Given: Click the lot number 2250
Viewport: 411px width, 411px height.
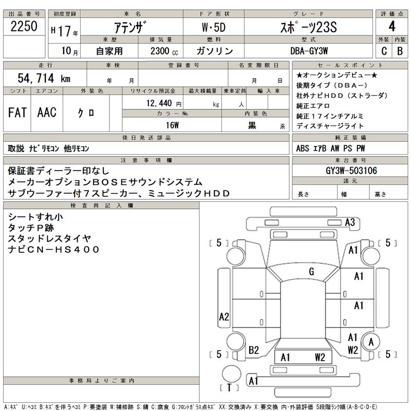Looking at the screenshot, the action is coord(24,26).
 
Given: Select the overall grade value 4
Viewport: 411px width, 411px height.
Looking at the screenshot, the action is coord(392,26).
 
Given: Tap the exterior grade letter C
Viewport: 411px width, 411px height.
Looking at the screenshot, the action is coord(384,51).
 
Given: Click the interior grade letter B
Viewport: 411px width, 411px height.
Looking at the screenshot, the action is coord(400,51).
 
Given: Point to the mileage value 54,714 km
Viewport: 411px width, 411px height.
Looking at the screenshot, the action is coord(44,78).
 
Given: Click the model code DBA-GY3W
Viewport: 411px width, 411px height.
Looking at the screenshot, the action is coord(309,51).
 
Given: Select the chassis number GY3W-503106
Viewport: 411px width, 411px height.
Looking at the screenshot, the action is coord(351,171).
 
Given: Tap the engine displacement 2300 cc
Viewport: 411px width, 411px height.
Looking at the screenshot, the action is coord(164,51).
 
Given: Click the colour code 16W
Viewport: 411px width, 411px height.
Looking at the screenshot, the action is coord(172,125).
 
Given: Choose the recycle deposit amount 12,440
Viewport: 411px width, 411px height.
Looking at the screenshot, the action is coord(159,103).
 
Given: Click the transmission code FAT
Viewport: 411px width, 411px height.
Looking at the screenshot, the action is coord(17,113).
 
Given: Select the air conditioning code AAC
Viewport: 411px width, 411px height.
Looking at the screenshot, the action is coord(47,113).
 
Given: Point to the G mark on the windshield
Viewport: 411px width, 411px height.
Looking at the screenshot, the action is coord(311,272).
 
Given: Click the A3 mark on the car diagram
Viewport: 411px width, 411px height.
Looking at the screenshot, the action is coord(350,222).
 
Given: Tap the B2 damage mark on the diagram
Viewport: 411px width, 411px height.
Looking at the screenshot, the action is coord(253,350).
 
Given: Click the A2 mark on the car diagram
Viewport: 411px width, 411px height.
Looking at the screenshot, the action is coord(224,317).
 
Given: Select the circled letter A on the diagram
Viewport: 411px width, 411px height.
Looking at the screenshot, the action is coord(371,342).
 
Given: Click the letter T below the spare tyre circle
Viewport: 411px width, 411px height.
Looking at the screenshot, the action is coord(229,387).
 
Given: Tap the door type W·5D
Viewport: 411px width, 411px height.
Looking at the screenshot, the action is coord(214,27).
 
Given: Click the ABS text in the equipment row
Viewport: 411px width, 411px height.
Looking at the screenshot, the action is coord(303,148).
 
